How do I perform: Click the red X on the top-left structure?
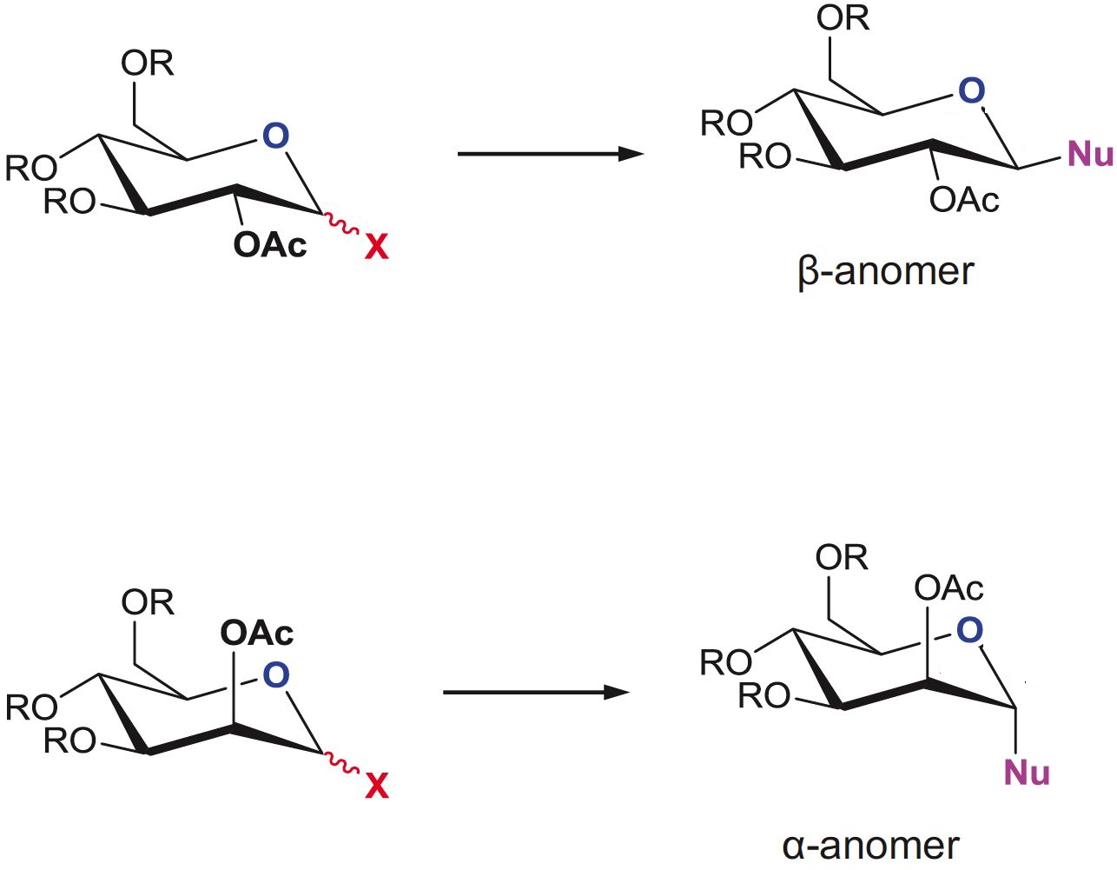coord(376,248)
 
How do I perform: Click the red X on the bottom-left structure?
coord(376,787)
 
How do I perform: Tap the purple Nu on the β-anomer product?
coord(1090,155)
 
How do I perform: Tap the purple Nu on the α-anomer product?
coord(1027,773)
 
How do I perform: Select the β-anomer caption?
coord(885,272)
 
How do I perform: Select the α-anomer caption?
coord(870,846)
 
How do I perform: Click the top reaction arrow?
coord(550,155)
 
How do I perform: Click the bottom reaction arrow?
coord(536,693)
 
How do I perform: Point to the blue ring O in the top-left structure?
coord(275,136)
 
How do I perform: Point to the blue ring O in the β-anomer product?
coord(971,90)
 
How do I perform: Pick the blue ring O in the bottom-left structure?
coord(275,675)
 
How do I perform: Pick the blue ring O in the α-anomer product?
coord(969,630)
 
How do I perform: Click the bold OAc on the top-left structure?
coord(270,246)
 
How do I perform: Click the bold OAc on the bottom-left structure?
coord(257,633)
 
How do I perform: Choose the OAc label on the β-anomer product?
coord(964,201)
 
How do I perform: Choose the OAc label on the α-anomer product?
coord(948,589)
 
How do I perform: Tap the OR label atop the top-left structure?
coord(148,63)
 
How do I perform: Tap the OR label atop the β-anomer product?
coord(843,18)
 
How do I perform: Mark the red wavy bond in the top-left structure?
coord(340,224)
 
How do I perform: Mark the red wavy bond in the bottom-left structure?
coord(340,763)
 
